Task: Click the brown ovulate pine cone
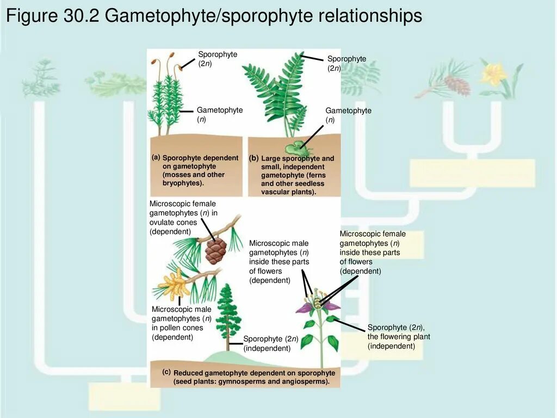coord(215,251)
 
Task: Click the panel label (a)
coord(156,157)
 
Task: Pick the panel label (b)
coord(254,158)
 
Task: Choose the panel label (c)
coord(166,372)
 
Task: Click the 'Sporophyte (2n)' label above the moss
coord(218,59)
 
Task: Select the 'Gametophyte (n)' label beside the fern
coord(348,115)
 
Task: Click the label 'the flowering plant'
coord(399,336)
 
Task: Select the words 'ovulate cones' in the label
coord(173,222)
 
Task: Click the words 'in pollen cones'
coord(177,328)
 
